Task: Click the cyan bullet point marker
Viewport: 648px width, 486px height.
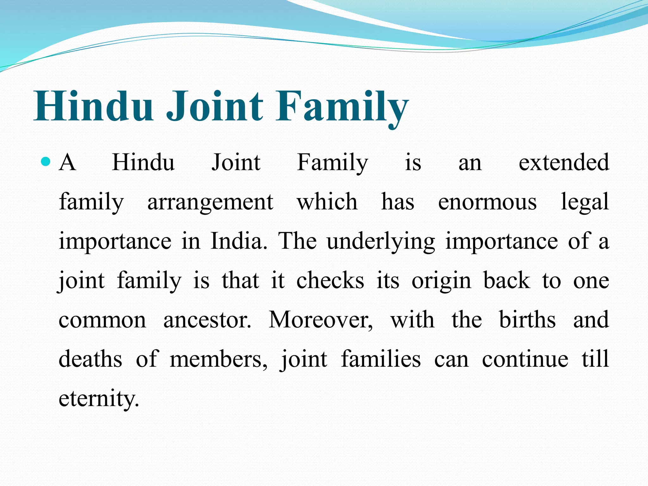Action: tap(46, 162)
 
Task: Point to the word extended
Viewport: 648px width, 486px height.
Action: tap(564, 162)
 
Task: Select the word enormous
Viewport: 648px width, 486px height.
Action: tap(487, 202)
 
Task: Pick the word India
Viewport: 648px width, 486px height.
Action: tap(239, 241)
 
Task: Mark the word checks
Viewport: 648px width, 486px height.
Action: tap(330, 280)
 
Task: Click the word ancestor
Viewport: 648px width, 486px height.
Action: tap(207, 320)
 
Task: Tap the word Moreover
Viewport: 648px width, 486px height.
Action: tap(321, 320)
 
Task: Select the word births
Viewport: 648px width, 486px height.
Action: tap(527, 320)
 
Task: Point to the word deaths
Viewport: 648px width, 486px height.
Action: tap(90, 359)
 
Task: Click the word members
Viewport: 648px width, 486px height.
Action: tap(218, 359)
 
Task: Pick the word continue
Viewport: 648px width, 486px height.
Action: tap(525, 359)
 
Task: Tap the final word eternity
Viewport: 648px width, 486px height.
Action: tap(99, 399)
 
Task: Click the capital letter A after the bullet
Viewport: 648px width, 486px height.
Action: tap(67, 162)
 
